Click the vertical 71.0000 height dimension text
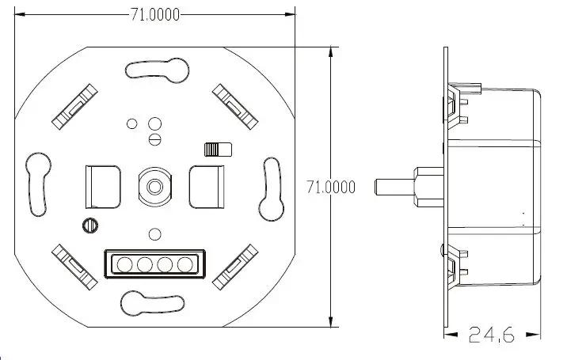tap(330, 187)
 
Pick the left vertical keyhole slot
tap(36, 185)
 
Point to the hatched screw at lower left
tap(89, 225)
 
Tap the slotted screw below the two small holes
tap(155, 139)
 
